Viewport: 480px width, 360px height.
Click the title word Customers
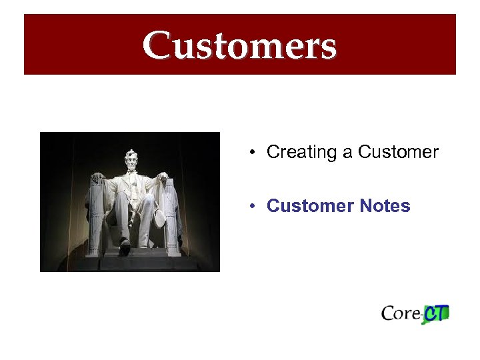tap(239, 45)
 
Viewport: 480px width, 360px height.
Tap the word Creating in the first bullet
tap(301, 152)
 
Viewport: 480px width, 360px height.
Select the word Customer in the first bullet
tap(398, 152)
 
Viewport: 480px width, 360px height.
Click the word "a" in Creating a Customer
tap(347, 153)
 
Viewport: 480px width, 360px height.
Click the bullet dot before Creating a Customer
tap(253, 153)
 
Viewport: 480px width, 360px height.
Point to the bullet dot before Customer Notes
tap(253, 207)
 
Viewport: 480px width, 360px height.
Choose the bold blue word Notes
tap(385, 206)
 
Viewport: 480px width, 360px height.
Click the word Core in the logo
tap(401, 313)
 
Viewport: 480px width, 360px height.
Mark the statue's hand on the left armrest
tap(98, 178)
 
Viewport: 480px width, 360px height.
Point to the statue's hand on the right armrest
tap(162, 177)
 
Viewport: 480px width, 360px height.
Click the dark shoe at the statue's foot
tap(124, 249)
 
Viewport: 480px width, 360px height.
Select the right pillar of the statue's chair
tap(172, 220)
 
